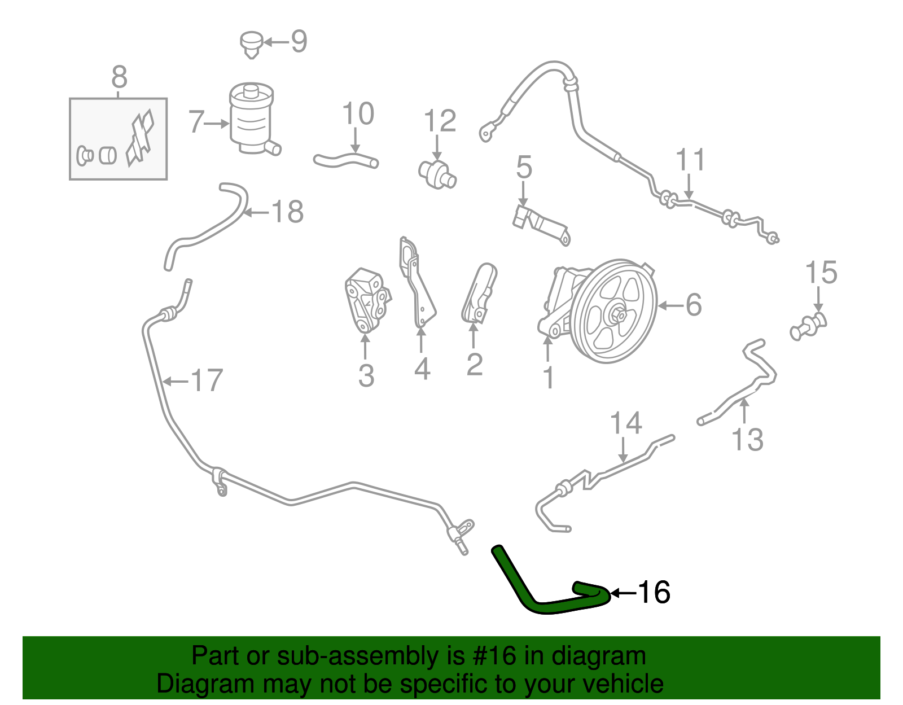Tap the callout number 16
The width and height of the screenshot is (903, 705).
point(654,593)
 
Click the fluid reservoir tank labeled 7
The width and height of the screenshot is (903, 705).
point(251,120)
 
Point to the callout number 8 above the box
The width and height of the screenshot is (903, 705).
point(119,77)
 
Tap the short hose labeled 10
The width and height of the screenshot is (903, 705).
point(345,161)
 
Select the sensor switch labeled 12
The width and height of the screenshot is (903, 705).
point(437,173)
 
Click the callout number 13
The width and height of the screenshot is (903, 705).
point(747,439)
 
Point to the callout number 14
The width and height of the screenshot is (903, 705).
point(626,423)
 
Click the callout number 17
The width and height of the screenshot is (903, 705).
point(207,380)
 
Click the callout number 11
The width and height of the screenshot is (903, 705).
point(691,160)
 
